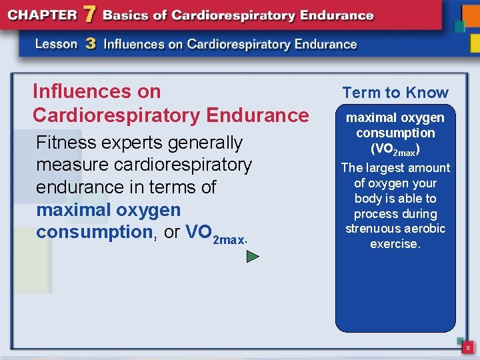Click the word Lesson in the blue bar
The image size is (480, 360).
pyautogui.click(x=56, y=45)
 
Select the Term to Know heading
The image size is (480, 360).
pyautogui.click(x=395, y=93)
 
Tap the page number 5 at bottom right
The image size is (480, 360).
pyautogui.click(x=468, y=348)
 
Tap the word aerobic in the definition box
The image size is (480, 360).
pyautogui.click(x=427, y=229)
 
